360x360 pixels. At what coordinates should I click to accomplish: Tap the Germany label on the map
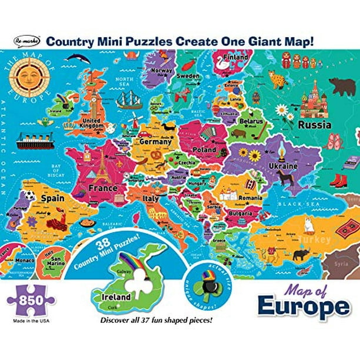point(155,141)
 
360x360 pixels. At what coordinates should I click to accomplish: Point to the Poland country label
point(204,150)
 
